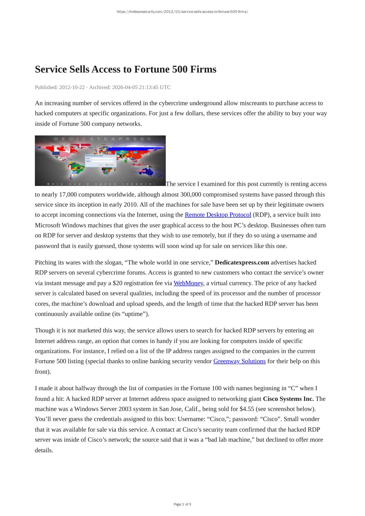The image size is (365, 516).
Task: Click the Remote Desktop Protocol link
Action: coord(218,215)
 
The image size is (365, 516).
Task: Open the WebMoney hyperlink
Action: coord(188,283)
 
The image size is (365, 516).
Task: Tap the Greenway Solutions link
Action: coord(239,361)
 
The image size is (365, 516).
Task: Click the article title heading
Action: coord(125,69)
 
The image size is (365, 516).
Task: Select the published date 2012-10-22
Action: coord(72,87)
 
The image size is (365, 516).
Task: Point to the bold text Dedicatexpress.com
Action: coord(242,262)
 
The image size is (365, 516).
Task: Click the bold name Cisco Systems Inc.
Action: coord(288,399)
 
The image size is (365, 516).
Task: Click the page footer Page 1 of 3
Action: coord(182,504)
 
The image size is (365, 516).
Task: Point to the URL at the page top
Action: coord(182,12)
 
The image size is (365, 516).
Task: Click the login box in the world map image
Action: coord(100,160)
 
